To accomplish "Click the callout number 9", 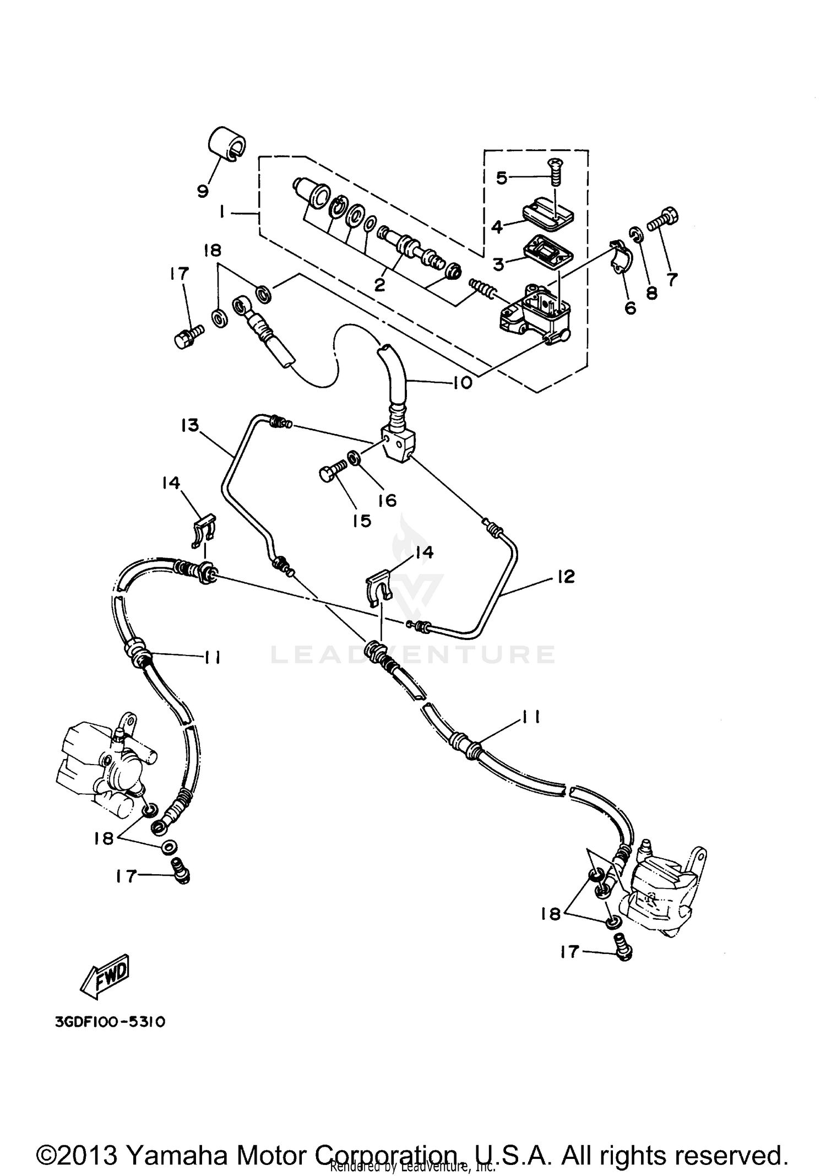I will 203,191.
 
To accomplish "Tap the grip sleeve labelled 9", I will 226,143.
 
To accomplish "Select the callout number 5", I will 501,178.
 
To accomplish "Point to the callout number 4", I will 497,226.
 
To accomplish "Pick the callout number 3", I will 498,264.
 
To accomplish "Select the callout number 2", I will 379,285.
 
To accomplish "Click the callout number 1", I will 222,212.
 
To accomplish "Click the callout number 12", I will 566,577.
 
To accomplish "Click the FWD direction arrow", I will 106,982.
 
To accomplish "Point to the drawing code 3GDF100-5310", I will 110,1022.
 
